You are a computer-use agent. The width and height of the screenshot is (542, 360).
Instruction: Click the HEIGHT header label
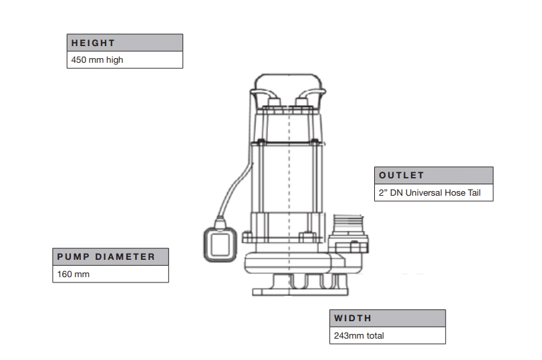pyautogui.click(x=94, y=43)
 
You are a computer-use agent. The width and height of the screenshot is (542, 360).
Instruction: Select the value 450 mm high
pyautogui.click(x=97, y=59)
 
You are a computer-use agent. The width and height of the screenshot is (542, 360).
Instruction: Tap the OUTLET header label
pyautogui.click(x=402, y=175)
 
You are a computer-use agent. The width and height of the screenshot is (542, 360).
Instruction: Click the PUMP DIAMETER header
pyautogui.click(x=106, y=256)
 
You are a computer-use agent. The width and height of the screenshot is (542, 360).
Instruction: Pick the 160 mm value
pyautogui.click(x=73, y=274)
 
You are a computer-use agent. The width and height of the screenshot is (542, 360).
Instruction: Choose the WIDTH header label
pyautogui.click(x=353, y=318)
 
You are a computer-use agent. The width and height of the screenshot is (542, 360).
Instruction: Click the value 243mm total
pyautogui.click(x=359, y=335)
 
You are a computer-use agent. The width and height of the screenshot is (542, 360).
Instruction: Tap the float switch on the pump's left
pyautogui.click(x=219, y=244)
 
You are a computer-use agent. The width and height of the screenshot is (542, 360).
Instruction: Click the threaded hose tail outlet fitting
pyautogui.click(x=348, y=224)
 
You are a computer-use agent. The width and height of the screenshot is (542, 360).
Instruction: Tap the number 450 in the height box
pyautogui.click(x=79, y=59)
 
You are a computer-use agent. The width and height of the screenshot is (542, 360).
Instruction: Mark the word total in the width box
pyautogui.click(x=374, y=335)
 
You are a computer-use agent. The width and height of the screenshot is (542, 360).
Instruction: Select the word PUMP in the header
pyautogui.click(x=72, y=256)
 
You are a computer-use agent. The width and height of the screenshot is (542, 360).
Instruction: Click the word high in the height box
pyautogui.click(x=114, y=59)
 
